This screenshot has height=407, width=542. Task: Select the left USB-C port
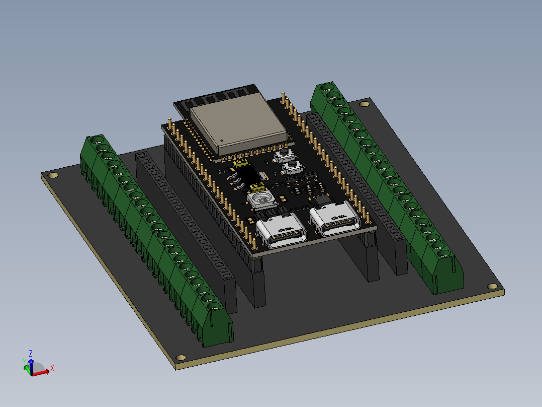tap(281, 234)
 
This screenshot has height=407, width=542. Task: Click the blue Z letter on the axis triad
tap(31, 354)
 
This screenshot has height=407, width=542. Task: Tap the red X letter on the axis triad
tap(52, 368)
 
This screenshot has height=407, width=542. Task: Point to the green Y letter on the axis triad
tap(24, 361)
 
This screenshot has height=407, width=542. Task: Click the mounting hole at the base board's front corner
tap(181, 358)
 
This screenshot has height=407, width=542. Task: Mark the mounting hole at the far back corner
tap(365, 104)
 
